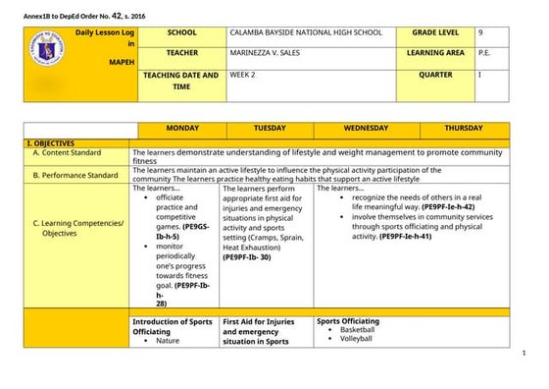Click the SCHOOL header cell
[x=181, y=32]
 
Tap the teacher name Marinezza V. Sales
[x=274, y=53]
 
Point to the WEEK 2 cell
[x=244, y=74]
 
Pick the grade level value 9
[x=480, y=32]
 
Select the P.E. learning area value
[x=484, y=53]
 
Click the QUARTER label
[x=435, y=74]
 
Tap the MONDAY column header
[x=181, y=129]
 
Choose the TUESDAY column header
[x=270, y=129]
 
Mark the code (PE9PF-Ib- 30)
[x=253, y=256]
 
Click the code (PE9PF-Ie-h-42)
[x=448, y=207]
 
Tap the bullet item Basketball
[x=357, y=330]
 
